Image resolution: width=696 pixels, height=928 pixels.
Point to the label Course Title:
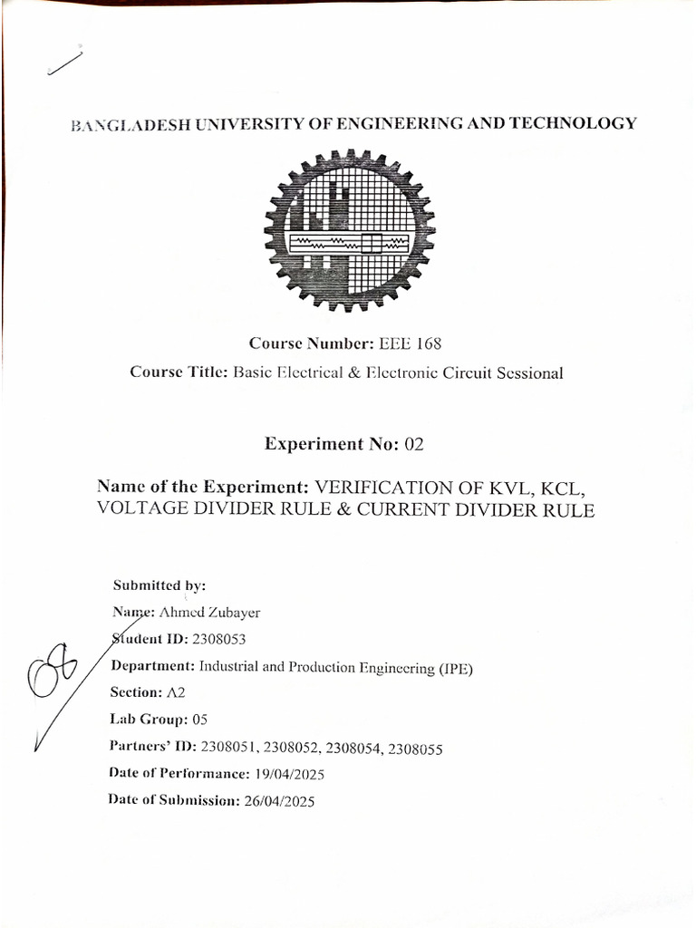pos(179,372)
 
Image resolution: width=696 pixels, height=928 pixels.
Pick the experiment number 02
pos(414,444)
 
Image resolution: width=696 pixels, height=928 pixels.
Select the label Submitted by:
pos(159,585)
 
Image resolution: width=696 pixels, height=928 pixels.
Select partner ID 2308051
pos(229,748)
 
